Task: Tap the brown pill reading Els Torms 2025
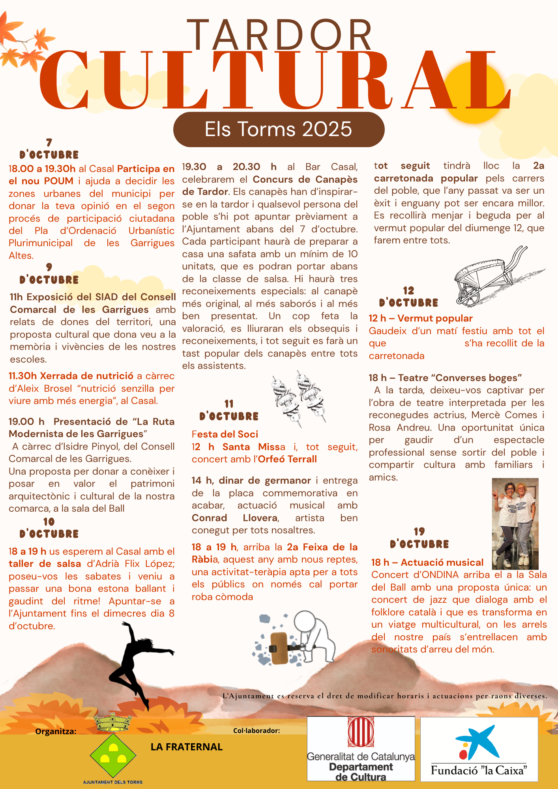(x=279, y=129)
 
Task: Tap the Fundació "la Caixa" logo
(x=479, y=749)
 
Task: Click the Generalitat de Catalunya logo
(x=361, y=748)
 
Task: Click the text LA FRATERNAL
(x=187, y=747)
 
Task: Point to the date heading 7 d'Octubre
(x=49, y=149)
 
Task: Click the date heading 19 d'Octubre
(x=419, y=538)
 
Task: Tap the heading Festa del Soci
(x=225, y=434)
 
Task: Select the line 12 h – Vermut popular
(x=421, y=318)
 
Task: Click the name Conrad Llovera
(x=235, y=518)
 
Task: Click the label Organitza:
(x=56, y=731)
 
